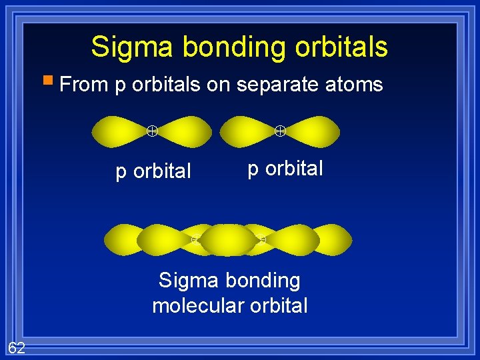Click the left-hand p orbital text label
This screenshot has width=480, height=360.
point(153,172)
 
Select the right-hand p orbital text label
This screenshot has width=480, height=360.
point(285,169)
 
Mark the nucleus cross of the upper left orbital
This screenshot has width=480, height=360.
point(152,131)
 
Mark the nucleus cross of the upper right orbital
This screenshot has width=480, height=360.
point(281,131)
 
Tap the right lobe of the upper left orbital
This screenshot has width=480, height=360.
point(184,131)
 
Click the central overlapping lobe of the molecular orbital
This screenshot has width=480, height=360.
point(228,240)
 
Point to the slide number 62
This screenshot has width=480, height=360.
point(17,347)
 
